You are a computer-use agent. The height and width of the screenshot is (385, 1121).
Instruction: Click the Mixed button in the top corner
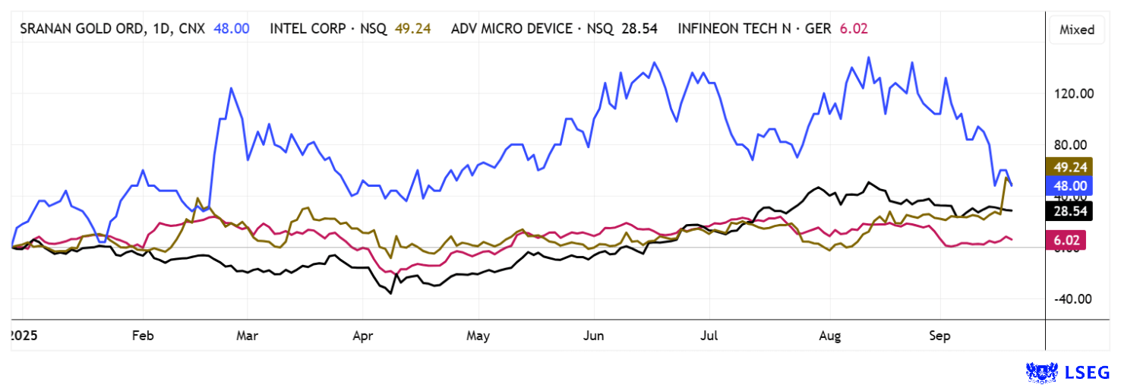coord(1076,30)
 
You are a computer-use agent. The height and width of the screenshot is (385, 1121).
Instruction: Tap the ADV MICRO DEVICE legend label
coord(510,29)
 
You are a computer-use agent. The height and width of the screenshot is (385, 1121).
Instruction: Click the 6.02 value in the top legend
coord(854,29)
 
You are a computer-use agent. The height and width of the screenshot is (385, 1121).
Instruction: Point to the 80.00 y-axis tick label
coord(1074,145)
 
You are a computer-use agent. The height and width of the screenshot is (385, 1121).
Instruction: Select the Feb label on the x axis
coord(143,336)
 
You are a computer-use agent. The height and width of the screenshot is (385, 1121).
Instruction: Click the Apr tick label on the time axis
coord(362,336)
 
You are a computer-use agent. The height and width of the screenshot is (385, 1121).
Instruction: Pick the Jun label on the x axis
coord(592,336)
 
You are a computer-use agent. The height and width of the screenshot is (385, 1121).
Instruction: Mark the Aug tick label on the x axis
coord(830,336)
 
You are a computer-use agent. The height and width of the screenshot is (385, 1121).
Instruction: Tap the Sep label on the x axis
coord(940,336)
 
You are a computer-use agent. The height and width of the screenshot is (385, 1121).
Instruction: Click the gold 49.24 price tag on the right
coord(1069,167)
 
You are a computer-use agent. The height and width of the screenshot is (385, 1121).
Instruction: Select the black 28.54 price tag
coord(1069,211)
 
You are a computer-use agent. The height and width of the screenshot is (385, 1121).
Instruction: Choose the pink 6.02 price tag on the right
coord(1069,240)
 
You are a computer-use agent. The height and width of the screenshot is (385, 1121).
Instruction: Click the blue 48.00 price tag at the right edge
coord(1069,185)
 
